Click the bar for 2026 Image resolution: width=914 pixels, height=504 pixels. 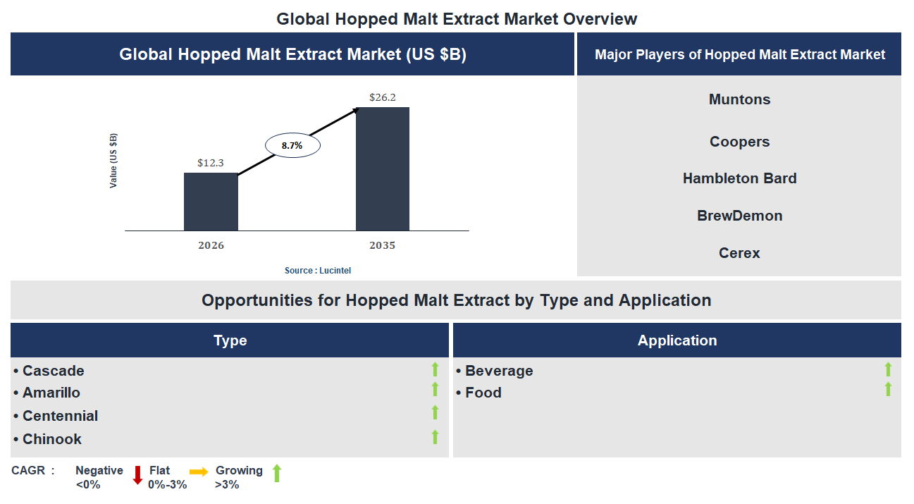(x=211, y=202)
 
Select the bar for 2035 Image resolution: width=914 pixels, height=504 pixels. (x=382, y=169)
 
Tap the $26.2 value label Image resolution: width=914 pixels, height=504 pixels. (x=382, y=97)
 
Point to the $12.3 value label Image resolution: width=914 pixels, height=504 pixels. (x=210, y=163)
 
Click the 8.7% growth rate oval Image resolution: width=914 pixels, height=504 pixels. (x=292, y=146)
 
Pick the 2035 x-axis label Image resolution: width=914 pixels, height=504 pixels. (x=382, y=246)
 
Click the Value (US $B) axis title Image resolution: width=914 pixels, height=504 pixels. (x=113, y=161)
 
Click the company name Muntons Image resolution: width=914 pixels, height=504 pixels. (x=739, y=99)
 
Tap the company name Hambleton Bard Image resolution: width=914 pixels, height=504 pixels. (x=739, y=178)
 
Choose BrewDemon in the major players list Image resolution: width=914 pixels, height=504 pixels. (x=739, y=216)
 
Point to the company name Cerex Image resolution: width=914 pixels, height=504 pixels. (x=739, y=253)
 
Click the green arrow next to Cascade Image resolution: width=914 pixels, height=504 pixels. (x=435, y=369)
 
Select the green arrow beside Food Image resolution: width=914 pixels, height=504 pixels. (x=888, y=389)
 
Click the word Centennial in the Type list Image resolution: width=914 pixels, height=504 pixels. (x=60, y=416)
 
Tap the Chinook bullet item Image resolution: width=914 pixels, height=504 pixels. (x=51, y=439)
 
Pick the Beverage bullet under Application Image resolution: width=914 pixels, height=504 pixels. (x=498, y=371)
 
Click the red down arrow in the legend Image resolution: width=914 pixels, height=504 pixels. (x=137, y=475)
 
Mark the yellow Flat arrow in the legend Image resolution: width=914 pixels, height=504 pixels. (x=199, y=472)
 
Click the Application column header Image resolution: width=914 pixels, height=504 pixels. (x=677, y=340)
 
